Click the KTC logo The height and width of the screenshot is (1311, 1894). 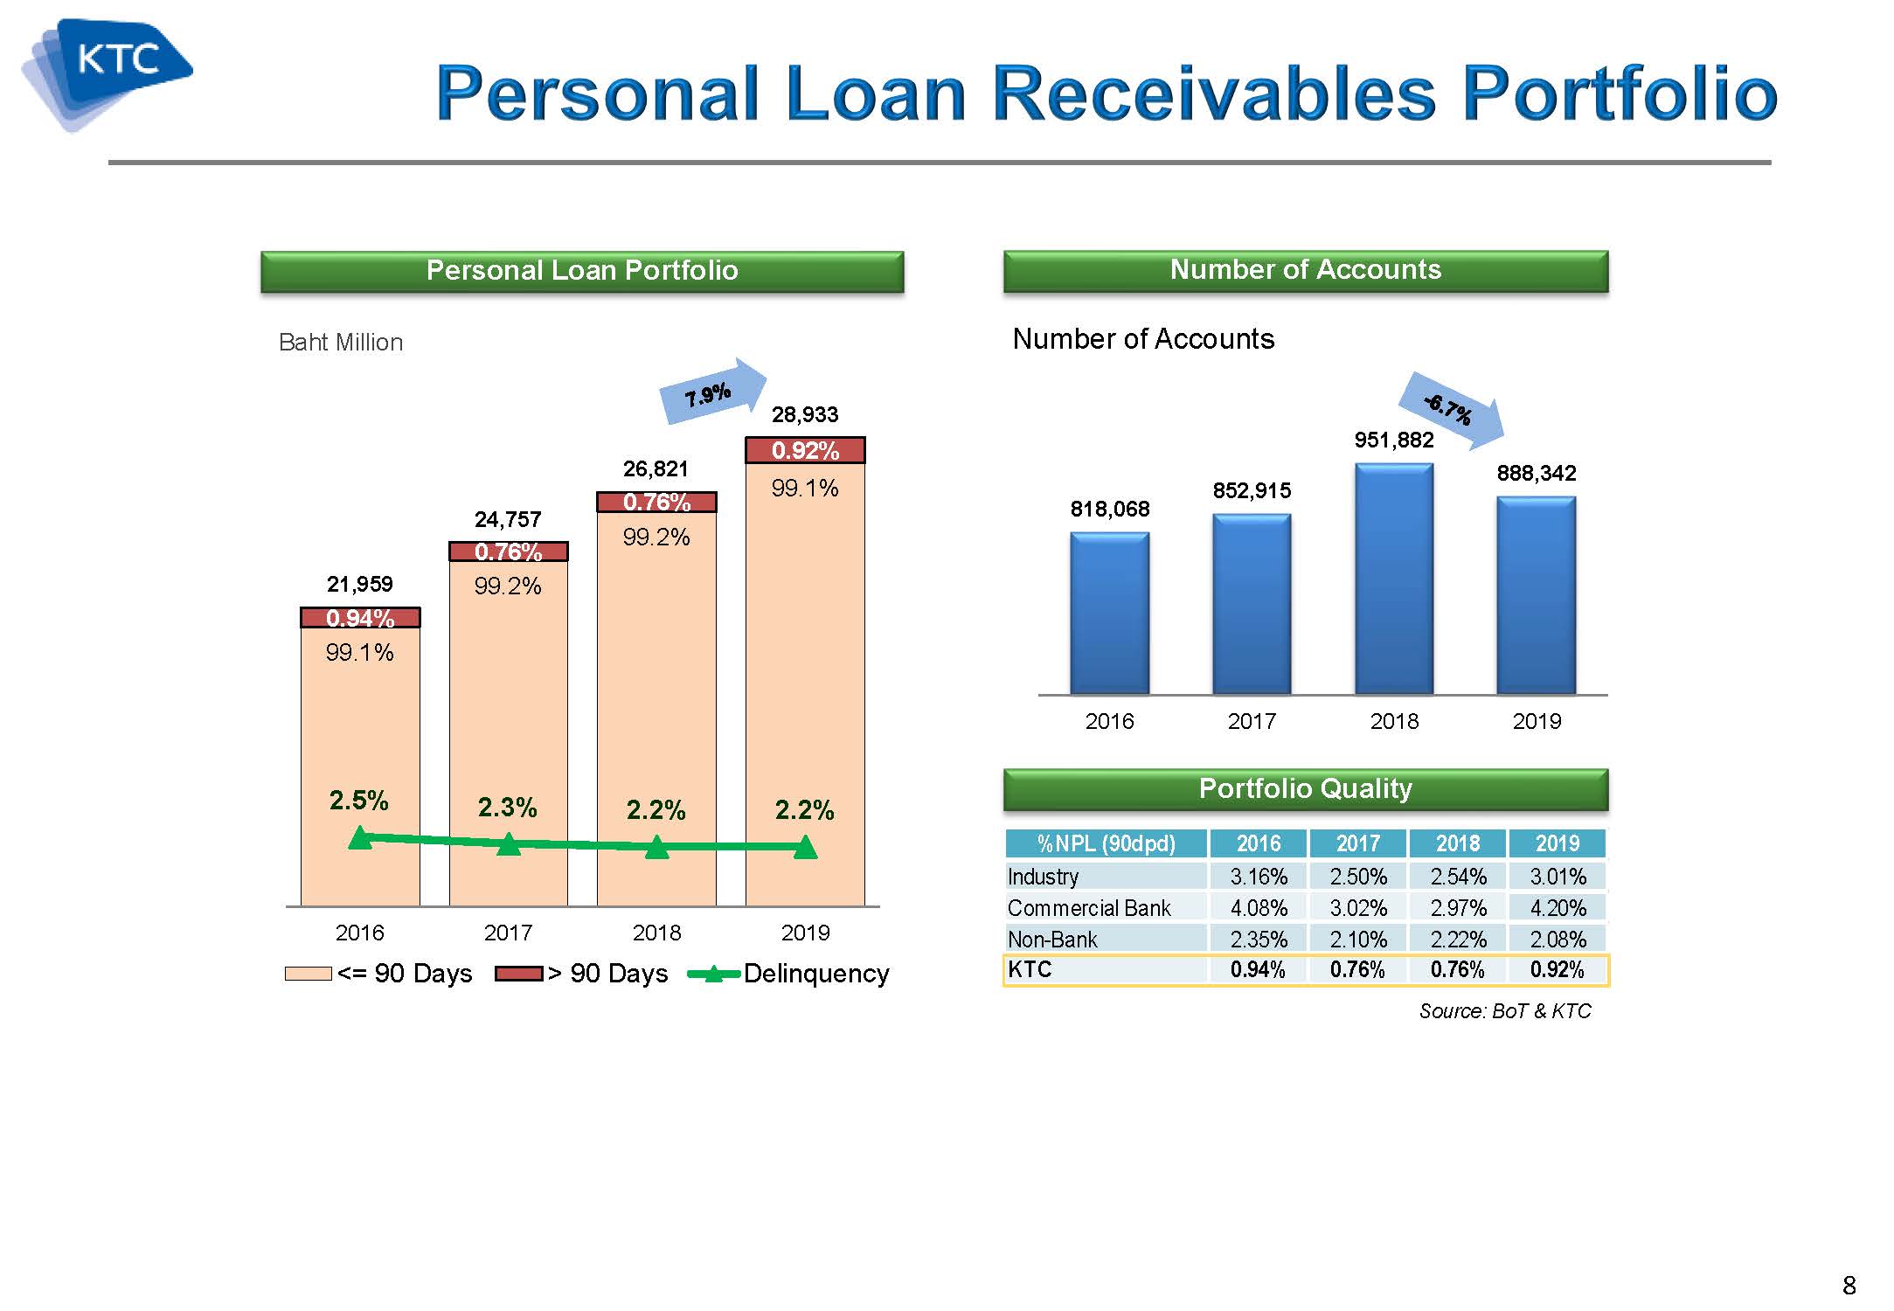pos(106,74)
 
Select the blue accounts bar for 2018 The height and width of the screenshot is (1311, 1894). pos(1394,579)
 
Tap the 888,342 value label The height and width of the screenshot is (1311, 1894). pos(1537,473)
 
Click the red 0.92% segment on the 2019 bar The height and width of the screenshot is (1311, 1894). pos(805,450)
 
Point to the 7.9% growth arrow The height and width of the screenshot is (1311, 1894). pos(712,392)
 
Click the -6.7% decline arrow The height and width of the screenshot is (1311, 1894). pos(1452,409)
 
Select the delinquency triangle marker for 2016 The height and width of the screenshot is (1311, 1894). pos(360,837)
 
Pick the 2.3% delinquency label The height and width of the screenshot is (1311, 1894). pos(507,807)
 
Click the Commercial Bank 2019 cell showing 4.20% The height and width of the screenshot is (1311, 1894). pos(1558,908)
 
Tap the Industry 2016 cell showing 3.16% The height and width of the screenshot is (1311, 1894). pos(1259,877)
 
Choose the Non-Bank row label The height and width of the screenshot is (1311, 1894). pos(1052,940)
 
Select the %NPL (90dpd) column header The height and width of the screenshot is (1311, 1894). pos(1106,843)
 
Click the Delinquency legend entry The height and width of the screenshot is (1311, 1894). pos(789,974)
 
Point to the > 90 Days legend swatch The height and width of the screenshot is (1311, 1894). pos(519,974)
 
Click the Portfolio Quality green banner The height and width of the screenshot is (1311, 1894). pos(1306,789)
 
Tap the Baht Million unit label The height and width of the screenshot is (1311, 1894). pos(341,343)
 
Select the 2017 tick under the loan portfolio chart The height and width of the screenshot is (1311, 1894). pos(508,933)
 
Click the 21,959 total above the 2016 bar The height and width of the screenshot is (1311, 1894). pos(360,584)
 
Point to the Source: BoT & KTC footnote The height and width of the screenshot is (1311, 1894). pos(1505,1011)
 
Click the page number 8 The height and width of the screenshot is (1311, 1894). pos(1849,1285)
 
